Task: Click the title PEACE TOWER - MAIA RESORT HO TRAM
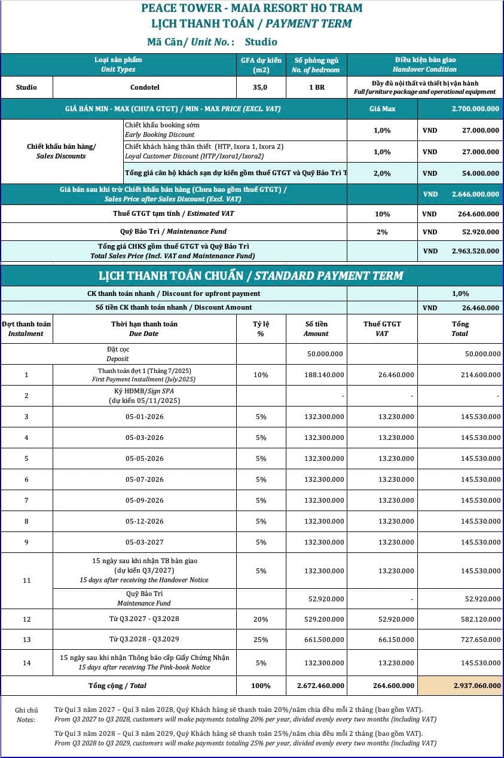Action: click(x=252, y=8)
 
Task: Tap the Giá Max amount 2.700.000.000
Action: click(x=475, y=109)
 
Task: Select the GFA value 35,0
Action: click(x=261, y=87)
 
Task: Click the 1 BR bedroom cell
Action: click(x=316, y=87)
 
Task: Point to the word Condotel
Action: click(x=145, y=87)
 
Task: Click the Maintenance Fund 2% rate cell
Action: click(x=382, y=232)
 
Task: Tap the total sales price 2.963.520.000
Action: click(x=475, y=252)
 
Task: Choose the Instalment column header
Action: click(x=26, y=329)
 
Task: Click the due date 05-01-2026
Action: click(x=144, y=417)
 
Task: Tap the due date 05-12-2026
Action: click(x=144, y=521)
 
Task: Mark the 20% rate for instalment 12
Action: click(x=261, y=620)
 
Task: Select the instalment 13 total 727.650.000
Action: click(x=481, y=640)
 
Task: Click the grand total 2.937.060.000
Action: click(x=477, y=686)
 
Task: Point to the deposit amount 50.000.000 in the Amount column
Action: click(x=325, y=354)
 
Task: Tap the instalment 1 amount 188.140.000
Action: click(x=324, y=375)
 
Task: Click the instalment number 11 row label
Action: click(x=26, y=580)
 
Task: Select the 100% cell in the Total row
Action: click(x=261, y=686)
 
